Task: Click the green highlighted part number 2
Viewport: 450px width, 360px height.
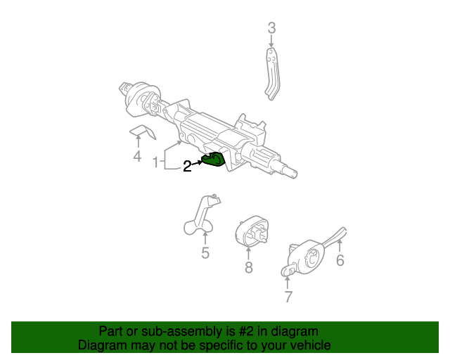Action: [214, 160]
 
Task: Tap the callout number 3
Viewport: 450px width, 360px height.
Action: [271, 28]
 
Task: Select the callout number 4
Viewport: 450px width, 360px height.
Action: [137, 156]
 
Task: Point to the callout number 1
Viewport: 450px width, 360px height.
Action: [155, 163]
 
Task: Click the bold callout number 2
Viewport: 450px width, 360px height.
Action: [187, 167]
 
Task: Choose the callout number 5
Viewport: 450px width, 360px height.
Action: [205, 253]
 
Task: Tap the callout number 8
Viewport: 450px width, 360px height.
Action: [248, 267]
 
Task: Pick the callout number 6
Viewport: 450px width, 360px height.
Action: [340, 261]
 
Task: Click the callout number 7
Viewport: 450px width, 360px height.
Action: [288, 297]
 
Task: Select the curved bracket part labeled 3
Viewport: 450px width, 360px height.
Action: [271, 74]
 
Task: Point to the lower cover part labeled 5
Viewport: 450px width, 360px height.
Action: [200, 217]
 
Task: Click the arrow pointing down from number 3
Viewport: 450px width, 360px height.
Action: [271, 43]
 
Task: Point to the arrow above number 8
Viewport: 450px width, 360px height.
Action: [248, 252]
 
